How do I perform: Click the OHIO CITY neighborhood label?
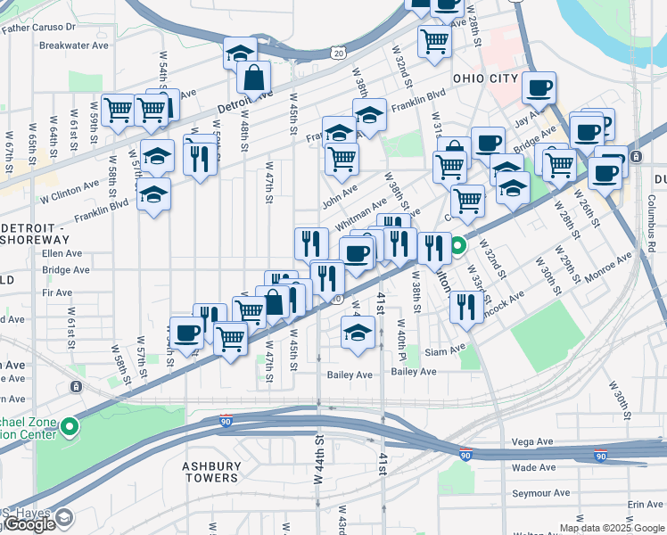pyautogui.click(x=485, y=78)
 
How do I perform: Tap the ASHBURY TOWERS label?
pyautogui.click(x=211, y=472)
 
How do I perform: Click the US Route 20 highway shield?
pyautogui.click(x=337, y=53)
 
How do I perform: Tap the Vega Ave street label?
pyautogui.click(x=534, y=441)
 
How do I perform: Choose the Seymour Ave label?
pyautogui.click(x=540, y=493)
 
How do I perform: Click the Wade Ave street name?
pyautogui.click(x=534, y=467)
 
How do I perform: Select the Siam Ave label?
pyautogui.click(x=447, y=351)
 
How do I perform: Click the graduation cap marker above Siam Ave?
pyautogui.click(x=358, y=333)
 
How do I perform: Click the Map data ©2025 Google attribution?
pyautogui.click(x=612, y=528)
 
